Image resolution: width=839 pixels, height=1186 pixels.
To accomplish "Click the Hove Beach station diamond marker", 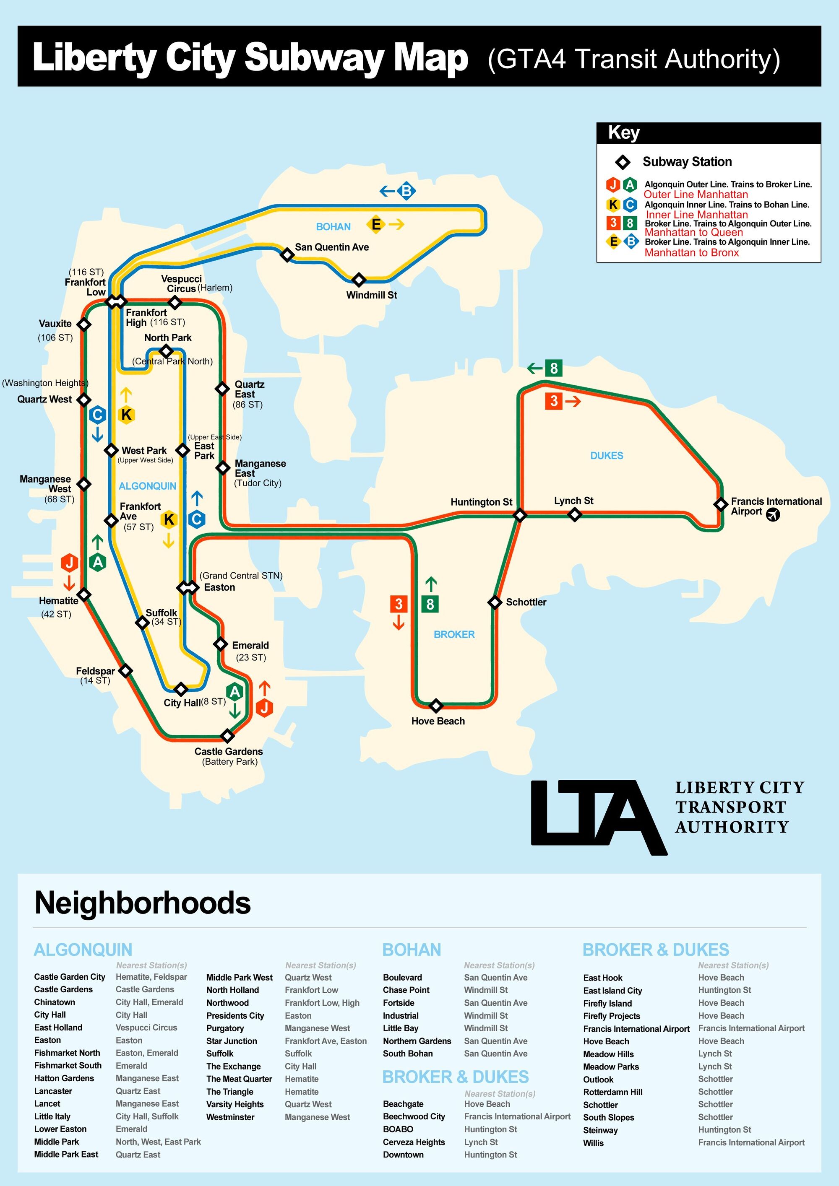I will [436, 705].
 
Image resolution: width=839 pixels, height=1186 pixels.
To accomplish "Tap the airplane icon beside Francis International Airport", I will [773, 514].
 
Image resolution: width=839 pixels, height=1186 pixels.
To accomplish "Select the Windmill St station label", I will [371, 295].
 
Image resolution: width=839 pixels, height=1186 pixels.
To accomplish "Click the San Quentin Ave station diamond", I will [287, 254].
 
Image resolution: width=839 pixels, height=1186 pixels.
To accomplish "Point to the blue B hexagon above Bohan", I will [406, 191].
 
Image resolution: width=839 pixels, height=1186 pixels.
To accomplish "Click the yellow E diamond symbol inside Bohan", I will [376, 224].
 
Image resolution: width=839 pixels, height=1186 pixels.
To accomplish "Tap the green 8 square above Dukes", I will [554, 369].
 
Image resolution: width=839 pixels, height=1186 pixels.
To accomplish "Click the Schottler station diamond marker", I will [495, 602].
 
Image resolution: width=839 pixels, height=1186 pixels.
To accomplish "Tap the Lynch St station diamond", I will [574, 514].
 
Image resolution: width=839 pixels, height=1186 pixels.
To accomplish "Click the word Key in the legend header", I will [624, 133].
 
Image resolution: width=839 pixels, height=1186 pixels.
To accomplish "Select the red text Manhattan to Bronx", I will [691, 253].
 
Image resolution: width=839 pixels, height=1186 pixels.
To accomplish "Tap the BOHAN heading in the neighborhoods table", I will [412, 950].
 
